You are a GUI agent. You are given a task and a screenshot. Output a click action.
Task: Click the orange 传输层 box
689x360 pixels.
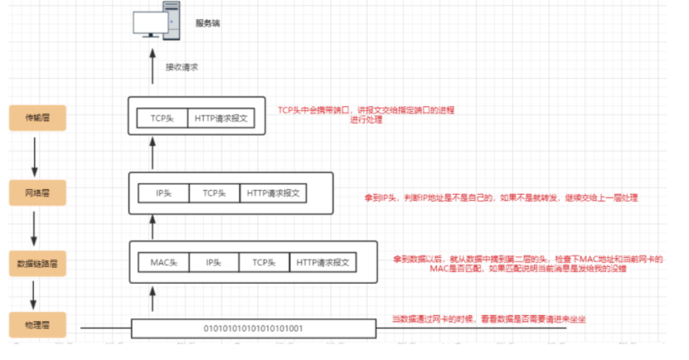coord(36,118)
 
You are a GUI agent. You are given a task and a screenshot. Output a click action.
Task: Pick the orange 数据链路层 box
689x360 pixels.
coord(36,265)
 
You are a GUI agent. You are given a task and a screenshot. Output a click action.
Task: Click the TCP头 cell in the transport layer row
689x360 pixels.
coord(163,118)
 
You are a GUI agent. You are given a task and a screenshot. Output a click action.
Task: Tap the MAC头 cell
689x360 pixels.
coord(164,262)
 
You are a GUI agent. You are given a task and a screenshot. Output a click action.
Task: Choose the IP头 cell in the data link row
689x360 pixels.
coord(215,262)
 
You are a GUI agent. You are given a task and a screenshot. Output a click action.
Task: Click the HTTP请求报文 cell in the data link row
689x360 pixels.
coord(323,262)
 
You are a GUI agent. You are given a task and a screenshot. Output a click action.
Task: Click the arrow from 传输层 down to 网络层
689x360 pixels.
coord(36,153)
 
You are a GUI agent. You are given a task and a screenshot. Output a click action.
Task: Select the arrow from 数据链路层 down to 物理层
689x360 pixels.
coord(36,293)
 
